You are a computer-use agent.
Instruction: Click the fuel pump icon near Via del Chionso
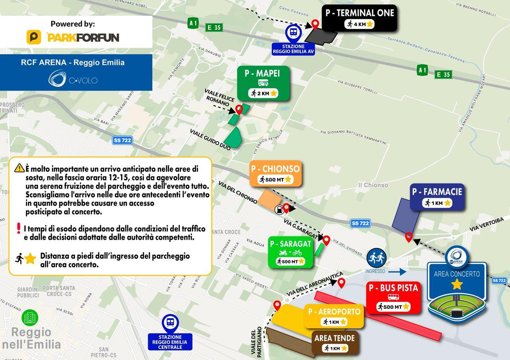click(280, 208)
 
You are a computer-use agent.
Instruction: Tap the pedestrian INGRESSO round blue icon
click(377, 258)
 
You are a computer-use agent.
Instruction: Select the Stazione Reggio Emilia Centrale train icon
click(170, 323)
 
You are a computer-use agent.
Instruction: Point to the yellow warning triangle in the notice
click(19, 168)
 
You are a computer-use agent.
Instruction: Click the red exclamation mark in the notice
click(18, 228)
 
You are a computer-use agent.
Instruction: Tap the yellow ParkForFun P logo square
click(34, 37)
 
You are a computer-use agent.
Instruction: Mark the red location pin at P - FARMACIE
click(408, 237)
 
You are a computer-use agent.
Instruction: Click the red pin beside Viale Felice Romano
click(239, 109)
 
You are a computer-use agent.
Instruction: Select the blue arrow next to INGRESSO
click(397, 272)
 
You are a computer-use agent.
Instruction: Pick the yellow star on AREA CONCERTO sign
click(457, 284)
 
